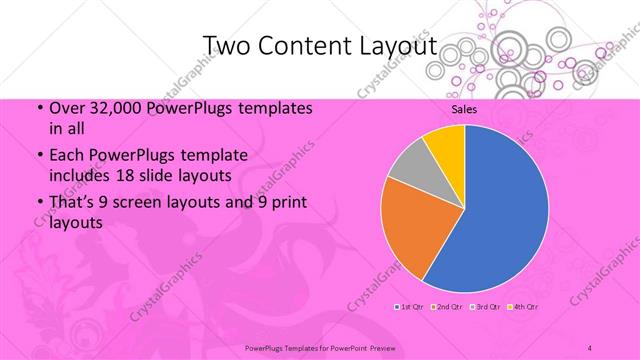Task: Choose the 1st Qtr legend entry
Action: (410, 306)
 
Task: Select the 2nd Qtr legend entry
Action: (447, 306)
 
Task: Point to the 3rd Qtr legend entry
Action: (485, 306)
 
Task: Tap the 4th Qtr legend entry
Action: (523, 306)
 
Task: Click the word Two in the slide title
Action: (229, 46)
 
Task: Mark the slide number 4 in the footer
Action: (590, 347)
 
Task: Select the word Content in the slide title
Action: (303, 46)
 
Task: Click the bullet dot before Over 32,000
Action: (38, 108)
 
